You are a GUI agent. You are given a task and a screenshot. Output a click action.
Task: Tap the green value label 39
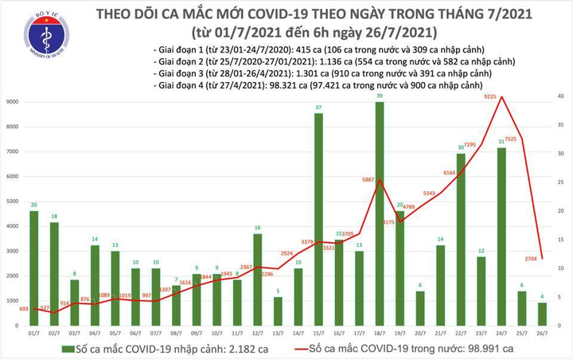[380, 95]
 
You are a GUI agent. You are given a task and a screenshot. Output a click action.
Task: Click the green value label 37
[318, 107]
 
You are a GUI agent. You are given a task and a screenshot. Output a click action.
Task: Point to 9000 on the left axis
[14, 102]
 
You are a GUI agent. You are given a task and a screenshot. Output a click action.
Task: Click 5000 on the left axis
[14, 202]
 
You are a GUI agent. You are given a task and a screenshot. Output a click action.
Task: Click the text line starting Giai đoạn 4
[318, 84]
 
